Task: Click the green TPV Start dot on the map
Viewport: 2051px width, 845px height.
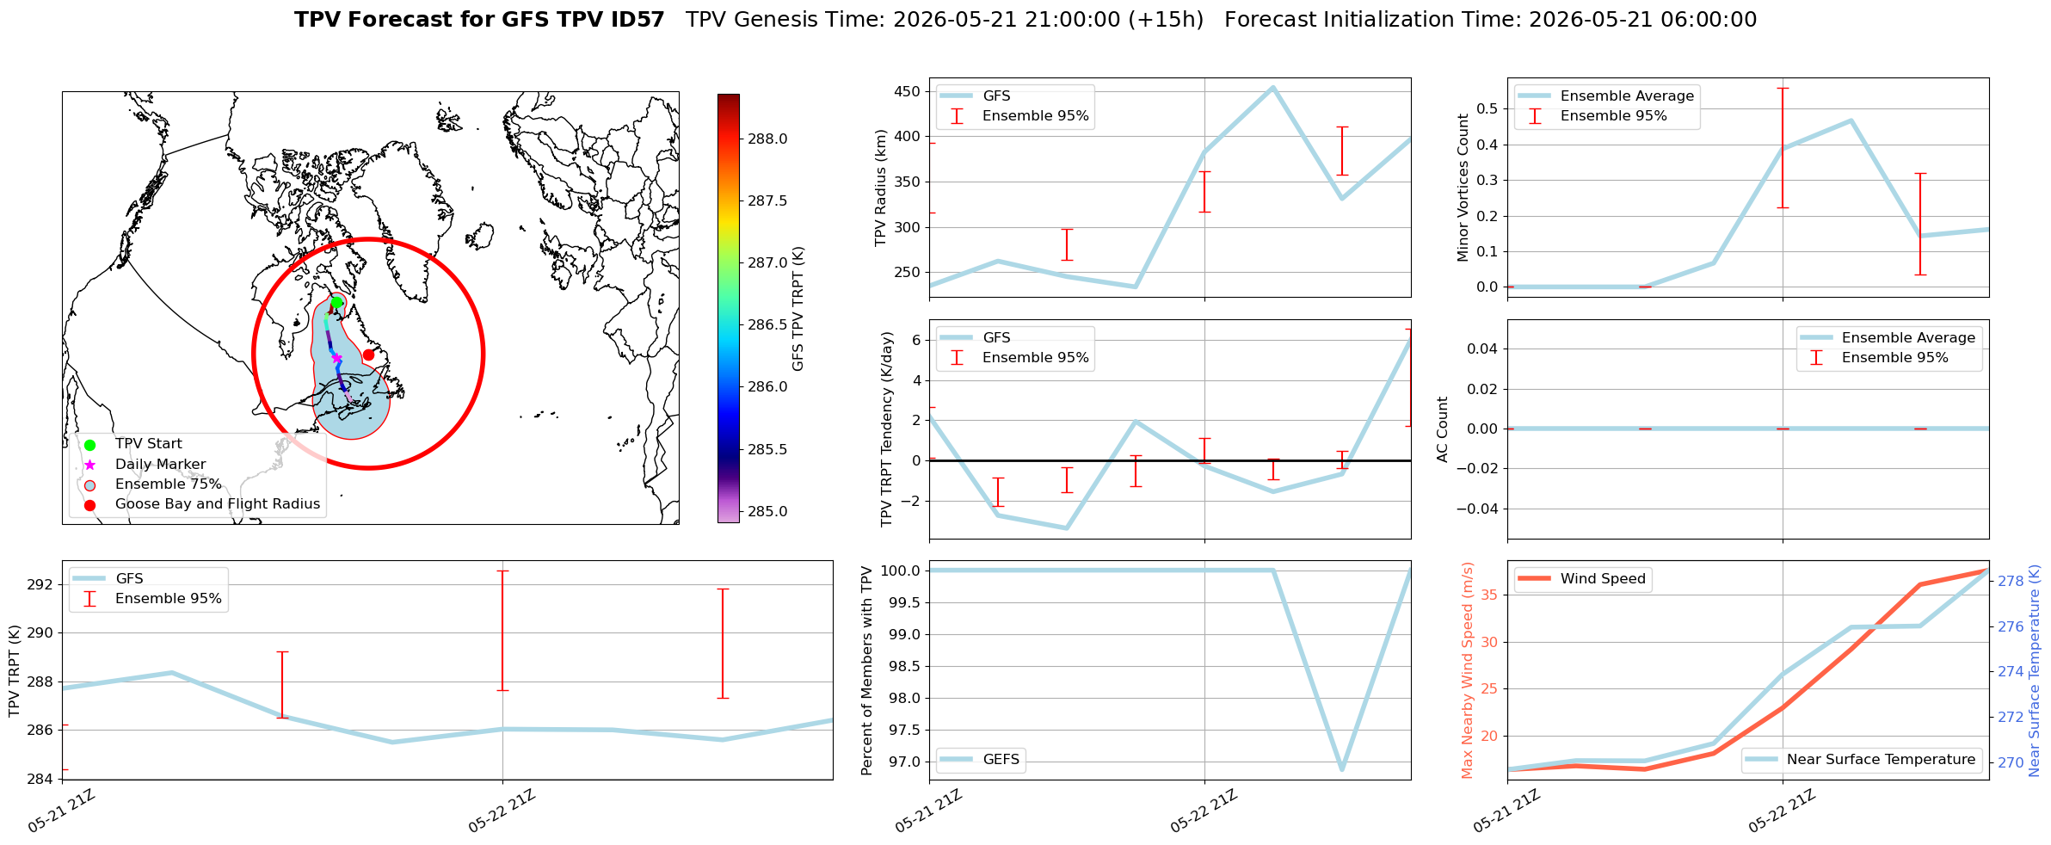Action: [336, 302]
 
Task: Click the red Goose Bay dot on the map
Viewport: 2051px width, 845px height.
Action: [368, 355]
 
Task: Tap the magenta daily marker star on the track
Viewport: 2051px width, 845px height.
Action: [336, 358]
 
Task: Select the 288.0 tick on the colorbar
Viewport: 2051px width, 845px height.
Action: [767, 139]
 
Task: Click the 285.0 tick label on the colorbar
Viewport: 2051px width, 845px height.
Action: [767, 511]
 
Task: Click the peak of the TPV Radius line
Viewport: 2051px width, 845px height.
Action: [1273, 87]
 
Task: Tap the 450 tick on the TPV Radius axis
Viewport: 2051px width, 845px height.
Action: [908, 92]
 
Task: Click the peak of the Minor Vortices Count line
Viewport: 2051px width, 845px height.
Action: [1851, 120]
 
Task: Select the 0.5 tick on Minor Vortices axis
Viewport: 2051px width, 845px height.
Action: [1487, 108]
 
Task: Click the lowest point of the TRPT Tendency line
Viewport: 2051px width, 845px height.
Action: [1067, 528]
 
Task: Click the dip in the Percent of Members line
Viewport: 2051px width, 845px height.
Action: [1342, 769]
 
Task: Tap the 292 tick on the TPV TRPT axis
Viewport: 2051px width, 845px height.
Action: [40, 585]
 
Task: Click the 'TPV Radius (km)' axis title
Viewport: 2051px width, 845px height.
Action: [881, 188]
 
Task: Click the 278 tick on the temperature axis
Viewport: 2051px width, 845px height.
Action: [2011, 582]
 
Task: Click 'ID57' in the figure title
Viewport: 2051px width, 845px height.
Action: [631, 20]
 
